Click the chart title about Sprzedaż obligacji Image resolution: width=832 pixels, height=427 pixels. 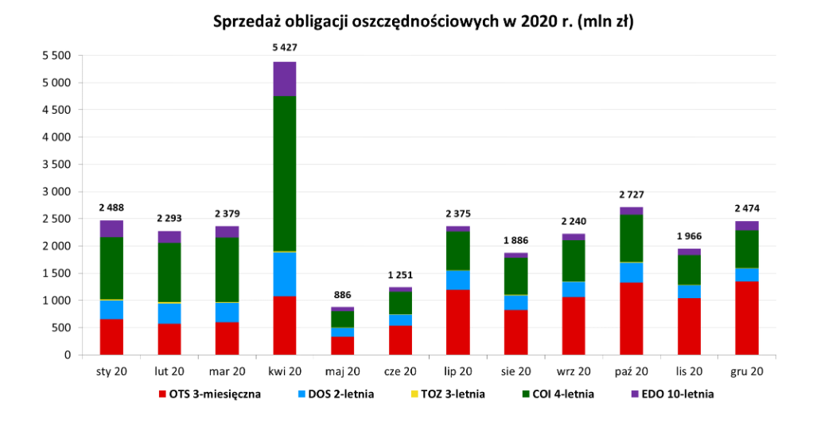coord(422,21)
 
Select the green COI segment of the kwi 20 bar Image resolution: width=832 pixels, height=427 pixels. coord(285,173)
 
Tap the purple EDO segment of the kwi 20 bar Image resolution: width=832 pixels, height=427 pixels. coord(285,79)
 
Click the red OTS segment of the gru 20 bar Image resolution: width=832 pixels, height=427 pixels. coord(746,318)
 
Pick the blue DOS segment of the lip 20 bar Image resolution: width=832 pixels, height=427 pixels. coord(457,280)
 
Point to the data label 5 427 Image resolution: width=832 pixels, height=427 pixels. coord(285,48)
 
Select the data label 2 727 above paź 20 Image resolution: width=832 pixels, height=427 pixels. coord(631,194)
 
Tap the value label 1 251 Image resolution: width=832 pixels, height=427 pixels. coord(400,274)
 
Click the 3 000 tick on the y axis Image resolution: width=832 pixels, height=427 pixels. coord(56,192)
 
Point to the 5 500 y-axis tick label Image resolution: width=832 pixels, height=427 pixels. coord(56,56)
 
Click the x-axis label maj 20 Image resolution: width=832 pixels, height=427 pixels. coord(342,371)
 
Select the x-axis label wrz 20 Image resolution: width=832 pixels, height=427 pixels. coord(573,371)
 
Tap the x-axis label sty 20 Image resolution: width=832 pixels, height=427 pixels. coord(111,371)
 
